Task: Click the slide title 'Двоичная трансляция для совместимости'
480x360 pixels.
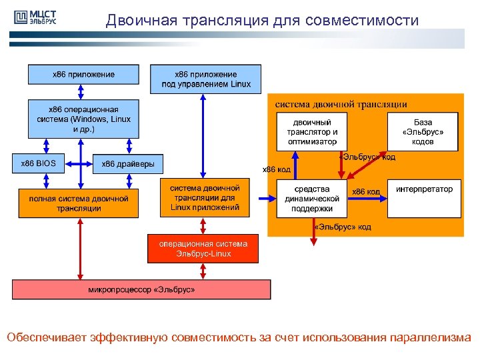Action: (x=262, y=21)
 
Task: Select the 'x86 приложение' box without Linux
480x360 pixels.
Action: (x=83, y=74)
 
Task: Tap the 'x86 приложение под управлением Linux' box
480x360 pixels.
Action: (x=206, y=79)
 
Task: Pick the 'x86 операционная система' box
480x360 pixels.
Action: (x=83, y=119)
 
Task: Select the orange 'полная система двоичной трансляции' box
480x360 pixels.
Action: (x=79, y=203)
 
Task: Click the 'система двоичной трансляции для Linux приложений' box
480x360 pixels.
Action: (x=205, y=198)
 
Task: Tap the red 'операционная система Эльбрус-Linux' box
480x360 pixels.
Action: (x=203, y=249)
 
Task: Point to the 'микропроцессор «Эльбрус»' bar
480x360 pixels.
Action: (x=141, y=289)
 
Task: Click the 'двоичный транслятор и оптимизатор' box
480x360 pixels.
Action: (x=313, y=132)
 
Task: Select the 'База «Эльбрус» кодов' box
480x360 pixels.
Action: (x=423, y=132)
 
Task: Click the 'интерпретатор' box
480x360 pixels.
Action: (x=424, y=199)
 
